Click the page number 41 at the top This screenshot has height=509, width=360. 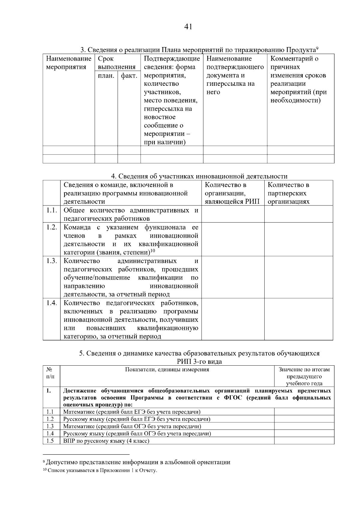coord(188,27)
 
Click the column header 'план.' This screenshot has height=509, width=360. coord(106,76)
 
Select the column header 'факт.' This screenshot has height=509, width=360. coord(129,76)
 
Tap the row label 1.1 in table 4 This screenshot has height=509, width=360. coord(52,210)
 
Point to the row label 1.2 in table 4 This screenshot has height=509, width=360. coord(52,227)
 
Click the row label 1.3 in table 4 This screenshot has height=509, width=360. coord(52,261)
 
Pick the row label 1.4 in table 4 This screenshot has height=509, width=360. coord(52,303)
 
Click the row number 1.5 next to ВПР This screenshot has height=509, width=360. coord(50,441)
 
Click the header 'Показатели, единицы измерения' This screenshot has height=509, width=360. coord(167,370)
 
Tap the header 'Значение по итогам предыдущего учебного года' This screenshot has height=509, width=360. coord(304,376)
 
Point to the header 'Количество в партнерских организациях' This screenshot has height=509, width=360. coord(289,193)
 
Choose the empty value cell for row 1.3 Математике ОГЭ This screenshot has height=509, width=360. coord(304,426)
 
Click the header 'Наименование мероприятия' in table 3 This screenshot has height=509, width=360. coord(69,63)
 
